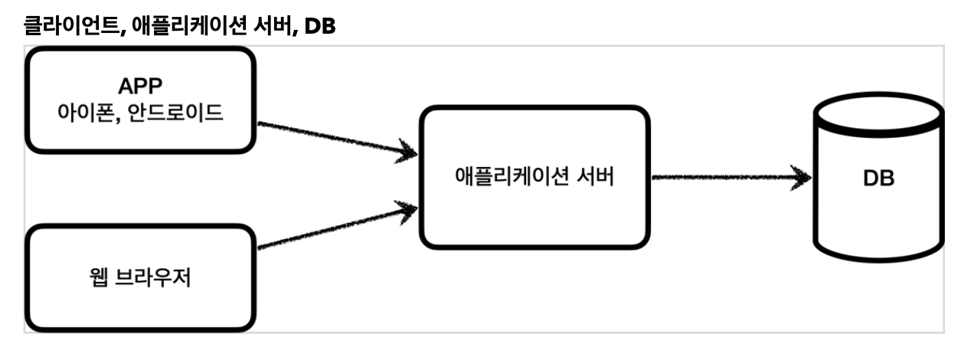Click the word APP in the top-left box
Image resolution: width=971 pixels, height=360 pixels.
pyautogui.click(x=139, y=86)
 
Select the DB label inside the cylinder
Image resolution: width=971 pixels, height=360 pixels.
pyautogui.click(x=879, y=178)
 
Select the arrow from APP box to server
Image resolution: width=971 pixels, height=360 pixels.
pyautogui.click(x=329, y=138)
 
